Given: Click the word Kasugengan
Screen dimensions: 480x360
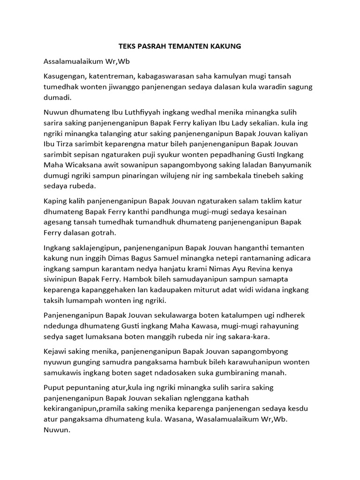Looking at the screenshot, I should [63, 76].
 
